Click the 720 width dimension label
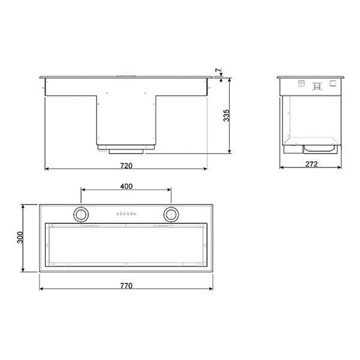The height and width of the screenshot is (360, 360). point(126,166)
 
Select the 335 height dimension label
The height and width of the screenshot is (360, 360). point(226,115)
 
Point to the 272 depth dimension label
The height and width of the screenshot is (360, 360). point(311,164)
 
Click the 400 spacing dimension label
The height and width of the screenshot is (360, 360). point(126,186)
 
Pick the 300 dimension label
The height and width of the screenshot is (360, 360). point(20,238)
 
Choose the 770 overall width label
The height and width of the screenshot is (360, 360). point(126,286)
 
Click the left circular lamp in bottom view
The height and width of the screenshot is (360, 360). point(81,215)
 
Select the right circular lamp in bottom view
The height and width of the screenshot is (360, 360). point(171,215)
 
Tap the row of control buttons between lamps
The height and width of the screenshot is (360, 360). point(126,214)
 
